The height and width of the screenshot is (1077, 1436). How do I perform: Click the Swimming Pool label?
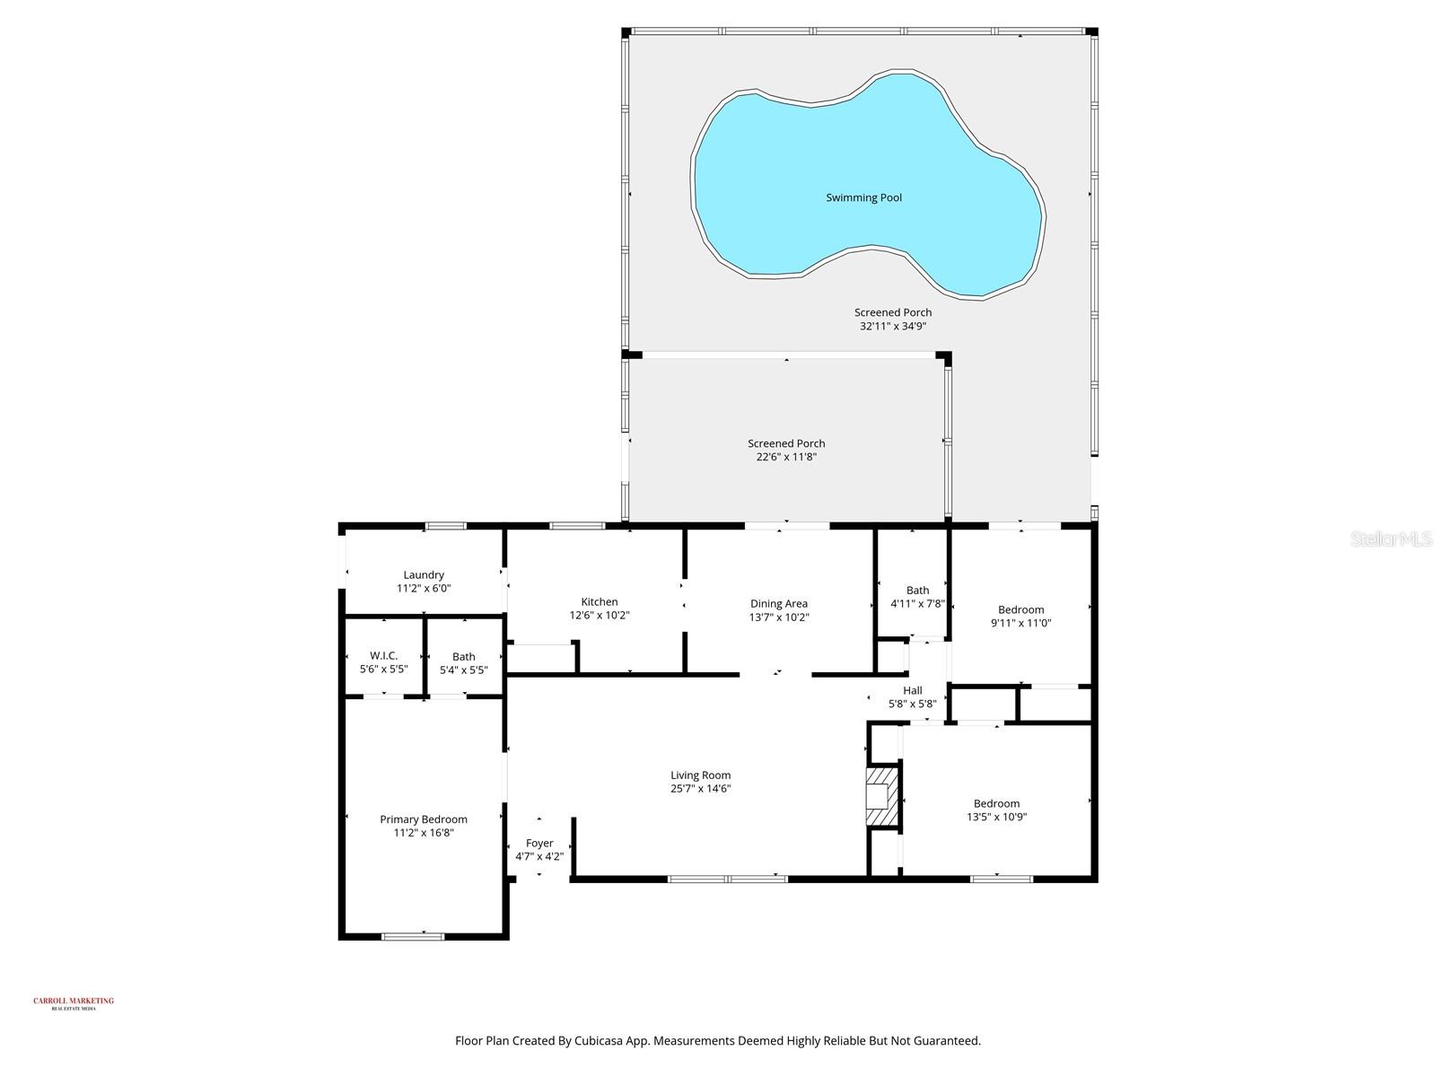863,197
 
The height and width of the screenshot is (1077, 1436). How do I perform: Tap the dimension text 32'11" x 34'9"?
892,327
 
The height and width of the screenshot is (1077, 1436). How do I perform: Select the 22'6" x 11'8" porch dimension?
786,457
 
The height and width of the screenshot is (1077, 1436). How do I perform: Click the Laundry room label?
424,575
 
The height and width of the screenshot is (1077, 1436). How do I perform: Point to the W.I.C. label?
383,656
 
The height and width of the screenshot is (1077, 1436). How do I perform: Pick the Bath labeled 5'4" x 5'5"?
463,663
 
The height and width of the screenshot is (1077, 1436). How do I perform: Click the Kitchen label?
599,602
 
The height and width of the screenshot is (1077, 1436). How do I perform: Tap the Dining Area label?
778,604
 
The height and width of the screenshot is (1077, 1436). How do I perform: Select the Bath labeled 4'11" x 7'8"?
917,597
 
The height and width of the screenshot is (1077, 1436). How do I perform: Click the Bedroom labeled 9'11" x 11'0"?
1020,616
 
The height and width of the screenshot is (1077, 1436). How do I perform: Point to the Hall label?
912,690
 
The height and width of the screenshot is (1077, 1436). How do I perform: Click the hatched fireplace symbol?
880,795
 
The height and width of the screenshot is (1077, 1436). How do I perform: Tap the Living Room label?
700,775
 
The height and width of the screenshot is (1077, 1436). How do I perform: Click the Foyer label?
539,844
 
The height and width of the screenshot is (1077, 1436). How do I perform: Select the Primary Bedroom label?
423,819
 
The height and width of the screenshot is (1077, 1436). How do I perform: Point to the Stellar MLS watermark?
1391,538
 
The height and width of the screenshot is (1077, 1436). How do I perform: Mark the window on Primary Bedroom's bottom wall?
413,937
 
